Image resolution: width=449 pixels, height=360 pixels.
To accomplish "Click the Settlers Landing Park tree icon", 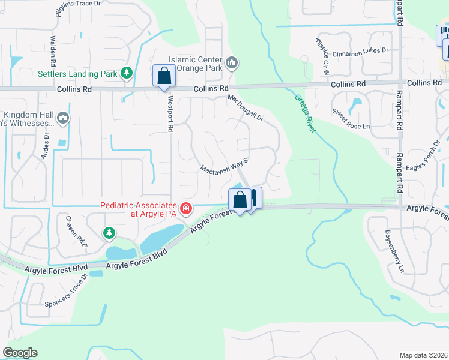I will click(x=126, y=73).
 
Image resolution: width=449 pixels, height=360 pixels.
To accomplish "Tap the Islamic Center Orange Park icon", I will click(x=232, y=62).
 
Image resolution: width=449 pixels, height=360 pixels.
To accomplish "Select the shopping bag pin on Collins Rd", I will click(x=163, y=77).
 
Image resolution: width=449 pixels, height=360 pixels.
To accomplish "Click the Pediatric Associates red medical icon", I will click(x=186, y=208).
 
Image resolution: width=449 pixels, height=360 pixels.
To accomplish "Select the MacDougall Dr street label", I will click(x=246, y=108).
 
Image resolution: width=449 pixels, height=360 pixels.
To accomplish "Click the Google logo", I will click(x=20, y=353).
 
